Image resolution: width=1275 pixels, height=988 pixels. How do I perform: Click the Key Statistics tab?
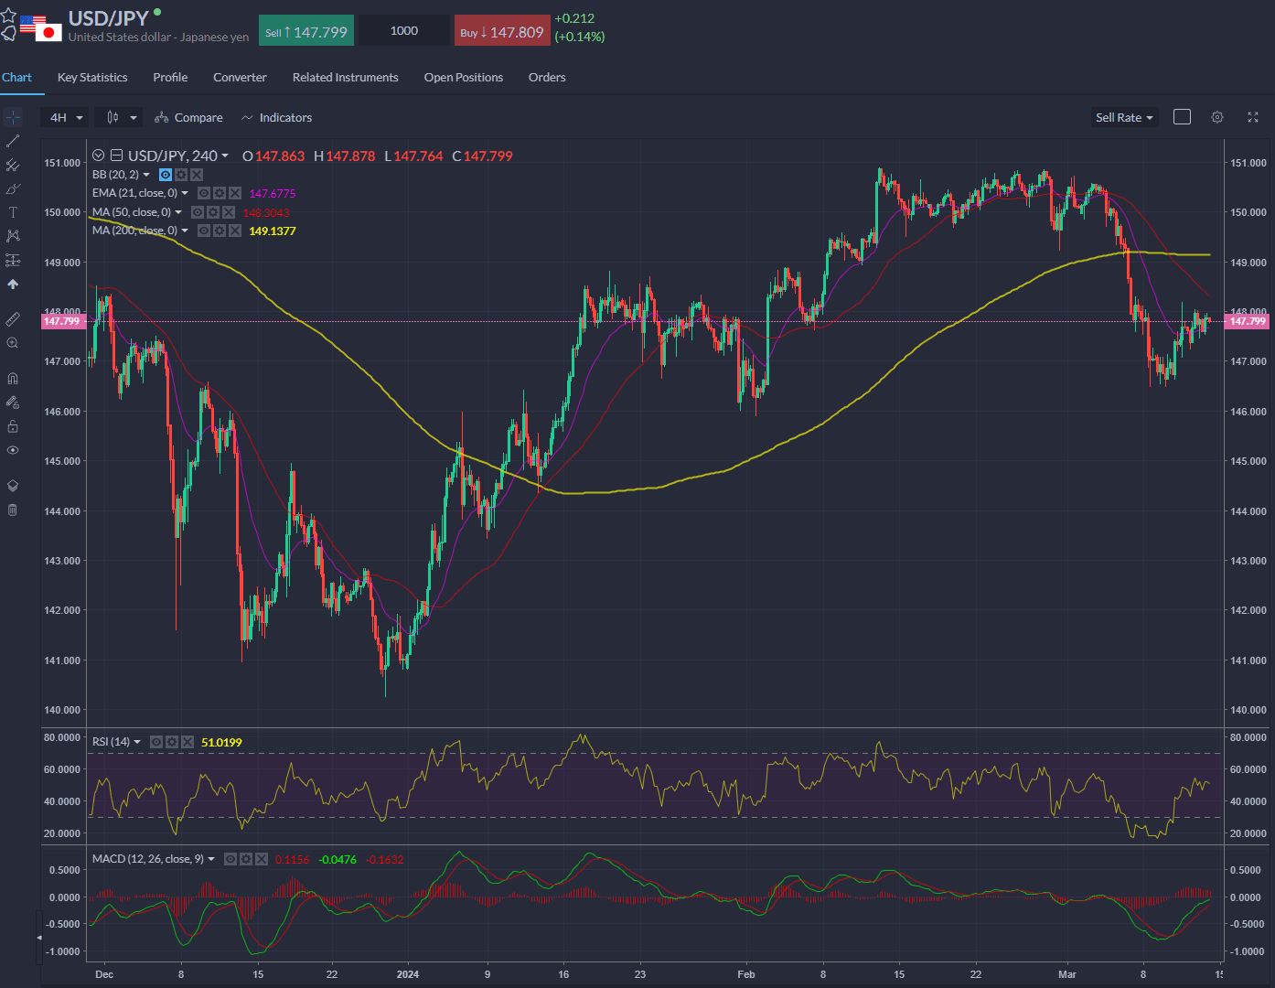point(92,78)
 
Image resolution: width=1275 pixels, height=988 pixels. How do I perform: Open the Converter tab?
point(240,78)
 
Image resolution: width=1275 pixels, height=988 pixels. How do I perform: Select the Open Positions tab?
point(463,78)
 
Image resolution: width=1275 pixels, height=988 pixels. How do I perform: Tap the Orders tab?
point(547,78)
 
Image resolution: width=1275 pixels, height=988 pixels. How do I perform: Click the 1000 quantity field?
point(403,31)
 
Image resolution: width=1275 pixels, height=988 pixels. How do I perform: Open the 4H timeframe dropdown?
point(66,118)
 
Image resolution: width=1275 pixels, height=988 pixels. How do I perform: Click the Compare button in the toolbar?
point(189,118)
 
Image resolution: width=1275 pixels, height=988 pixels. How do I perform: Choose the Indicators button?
point(276,118)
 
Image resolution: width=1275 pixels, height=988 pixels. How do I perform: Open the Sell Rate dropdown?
point(1124,118)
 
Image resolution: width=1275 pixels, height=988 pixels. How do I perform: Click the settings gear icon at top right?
point(1217,117)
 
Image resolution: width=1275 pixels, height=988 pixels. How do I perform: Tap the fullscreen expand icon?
point(1253,117)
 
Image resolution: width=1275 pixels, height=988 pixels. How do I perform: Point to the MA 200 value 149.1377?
point(273,231)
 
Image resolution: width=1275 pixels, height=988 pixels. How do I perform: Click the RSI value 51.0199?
point(221,743)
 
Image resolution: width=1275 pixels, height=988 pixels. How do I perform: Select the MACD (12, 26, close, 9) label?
point(148,859)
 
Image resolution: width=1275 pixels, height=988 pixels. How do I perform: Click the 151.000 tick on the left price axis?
point(62,163)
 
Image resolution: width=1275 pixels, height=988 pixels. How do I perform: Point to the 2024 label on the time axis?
point(408,974)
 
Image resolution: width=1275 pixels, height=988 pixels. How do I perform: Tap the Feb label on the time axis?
point(746,974)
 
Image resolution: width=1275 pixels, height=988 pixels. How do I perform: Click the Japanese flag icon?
point(48,33)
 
